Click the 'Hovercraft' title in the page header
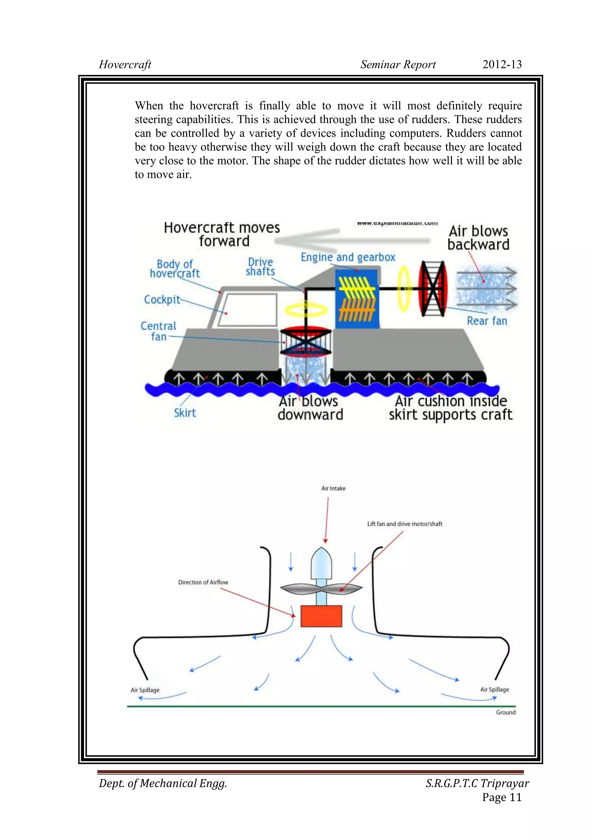coord(125,65)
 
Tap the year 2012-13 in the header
coord(502,64)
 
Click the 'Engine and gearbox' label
coord(348,257)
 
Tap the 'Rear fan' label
coord(487,321)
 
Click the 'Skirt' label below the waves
coord(185,413)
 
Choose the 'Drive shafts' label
coord(260,267)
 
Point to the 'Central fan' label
coord(159,331)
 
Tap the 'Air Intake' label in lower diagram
coord(333,488)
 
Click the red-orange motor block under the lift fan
coord(321,616)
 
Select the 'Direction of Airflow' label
coord(203,582)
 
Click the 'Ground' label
coord(506,712)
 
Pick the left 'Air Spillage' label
coord(145,690)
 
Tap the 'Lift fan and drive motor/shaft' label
coord(405,524)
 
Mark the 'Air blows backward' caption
coord(478,238)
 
